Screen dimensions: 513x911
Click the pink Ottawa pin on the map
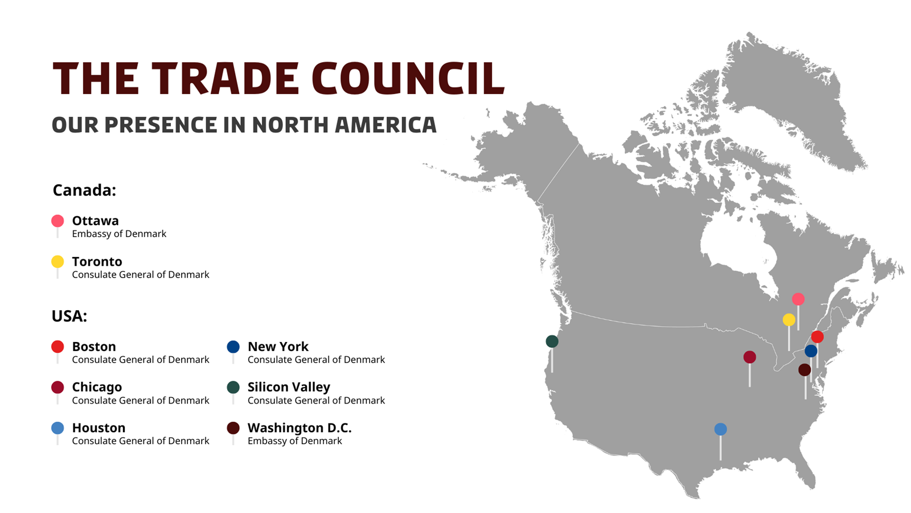click(798, 299)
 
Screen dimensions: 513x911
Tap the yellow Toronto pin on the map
click(789, 320)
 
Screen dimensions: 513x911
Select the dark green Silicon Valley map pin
click(552, 341)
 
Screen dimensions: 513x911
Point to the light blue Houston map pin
click(720, 429)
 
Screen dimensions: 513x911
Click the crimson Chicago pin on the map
click(749, 357)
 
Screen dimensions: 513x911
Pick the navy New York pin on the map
click(811, 351)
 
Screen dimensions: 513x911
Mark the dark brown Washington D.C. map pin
click(805, 370)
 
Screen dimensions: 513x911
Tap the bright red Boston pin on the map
click(818, 337)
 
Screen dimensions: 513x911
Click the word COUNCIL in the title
click(408, 78)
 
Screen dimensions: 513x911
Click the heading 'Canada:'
click(84, 190)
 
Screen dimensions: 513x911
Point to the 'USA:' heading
click(69, 316)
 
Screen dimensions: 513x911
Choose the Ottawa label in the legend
click(95, 221)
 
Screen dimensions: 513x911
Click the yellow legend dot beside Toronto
click(58, 262)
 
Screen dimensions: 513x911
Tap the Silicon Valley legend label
click(289, 387)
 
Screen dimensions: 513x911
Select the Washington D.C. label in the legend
click(299, 427)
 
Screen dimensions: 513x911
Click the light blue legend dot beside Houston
click(58, 428)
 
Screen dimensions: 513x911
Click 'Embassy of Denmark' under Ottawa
click(119, 234)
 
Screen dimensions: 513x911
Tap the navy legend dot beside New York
click(233, 347)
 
